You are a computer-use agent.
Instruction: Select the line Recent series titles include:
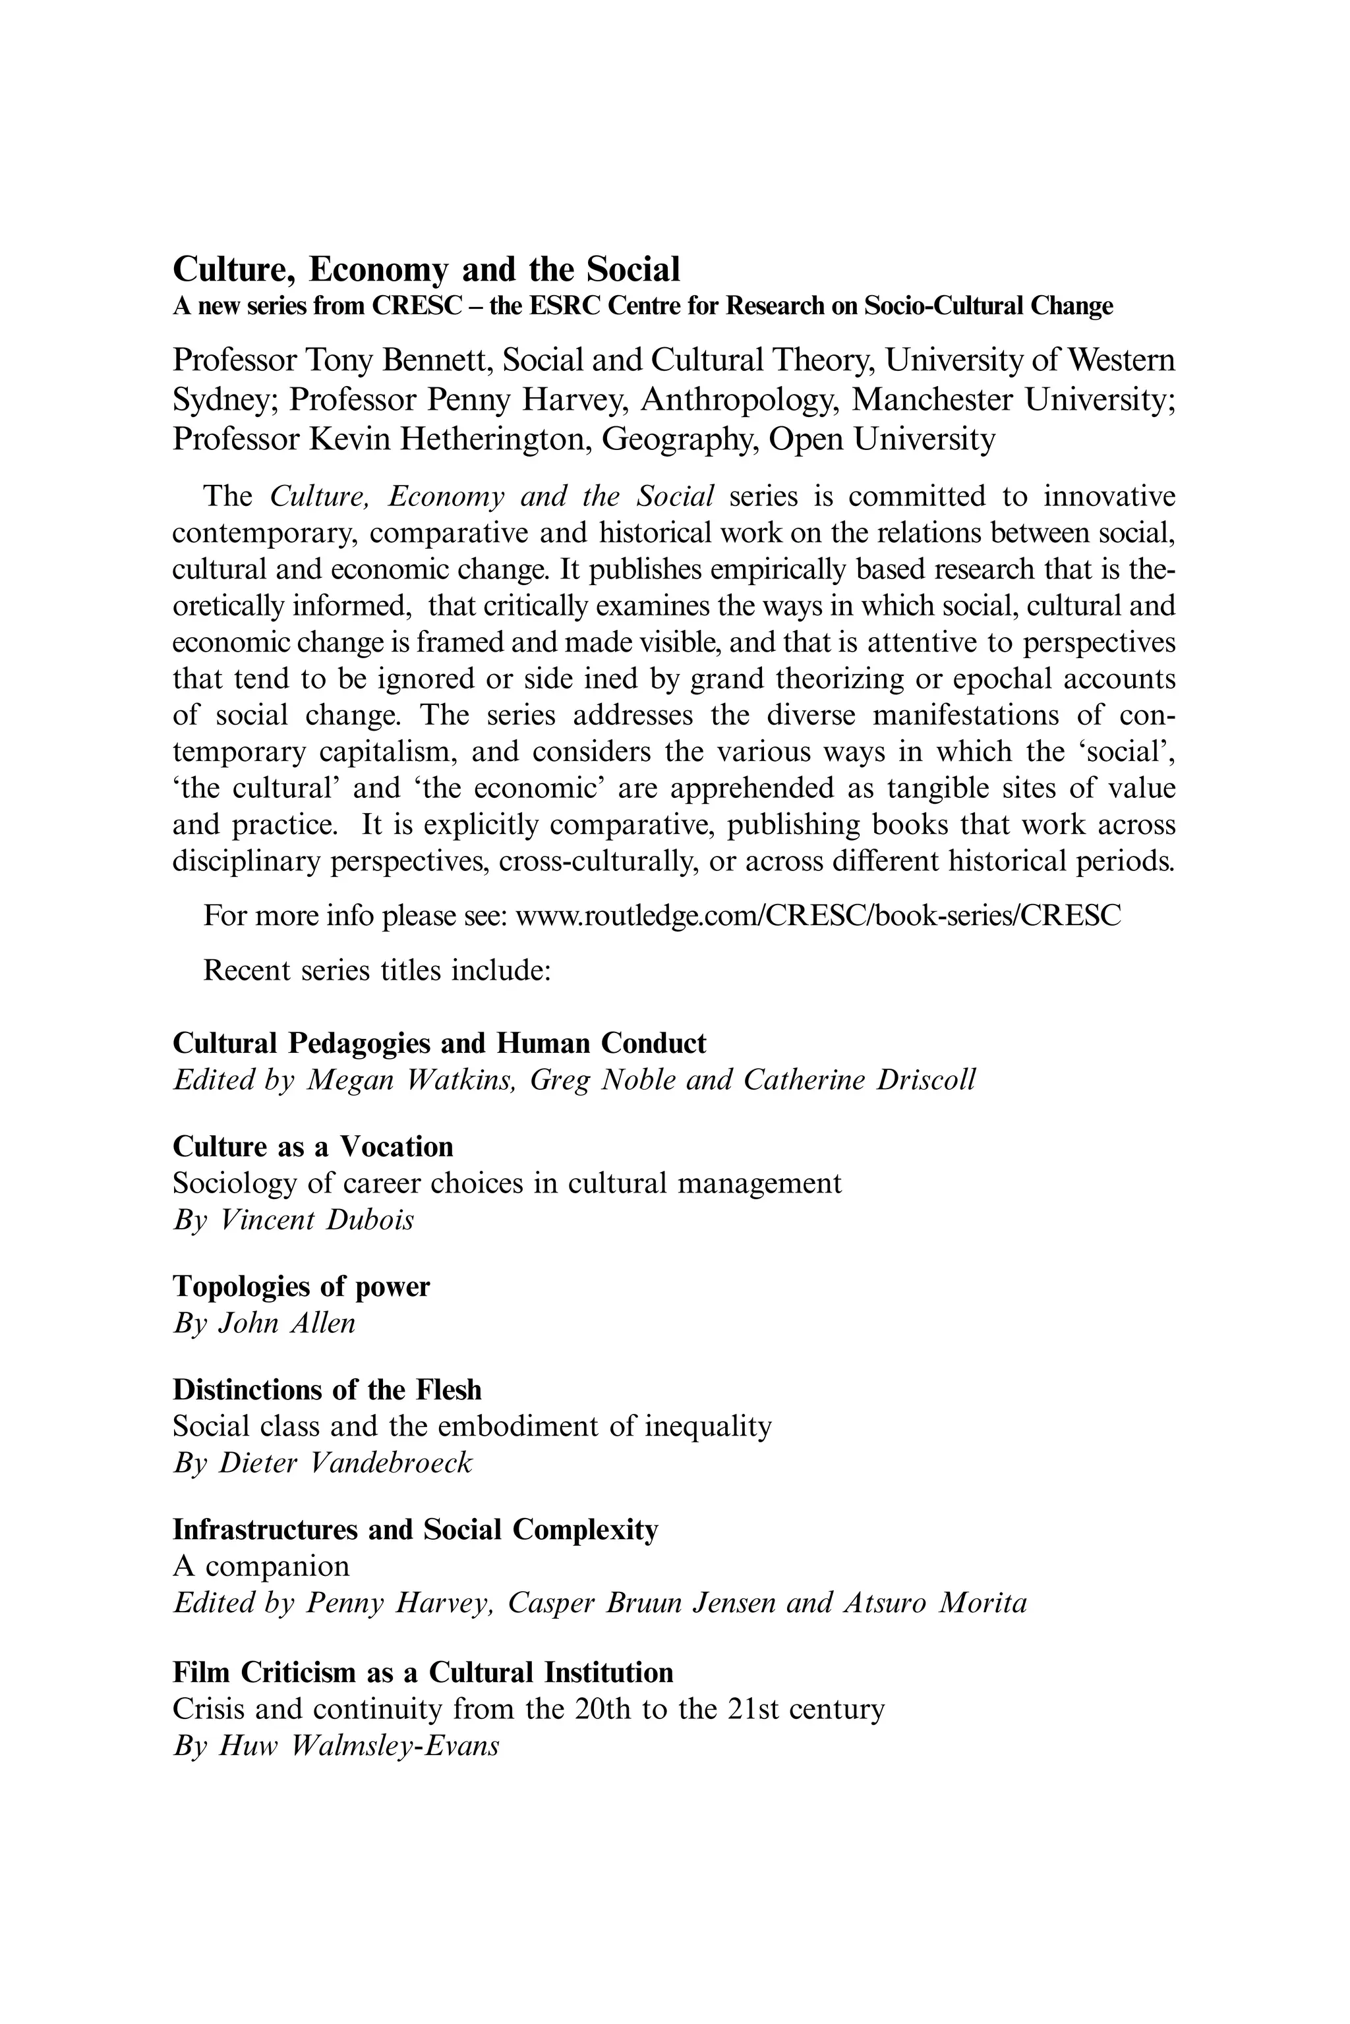pos(376,970)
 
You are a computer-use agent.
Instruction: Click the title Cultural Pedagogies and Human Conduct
pos(439,1044)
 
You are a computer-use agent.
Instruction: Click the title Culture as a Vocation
pos(312,1147)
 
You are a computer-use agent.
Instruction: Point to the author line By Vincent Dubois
pos(293,1220)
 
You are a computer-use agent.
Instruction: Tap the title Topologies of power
pos(301,1287)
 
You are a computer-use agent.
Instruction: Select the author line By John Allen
pos(264,1323)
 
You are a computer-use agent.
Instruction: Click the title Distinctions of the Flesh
pos(327,1390)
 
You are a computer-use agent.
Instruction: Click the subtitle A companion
pos(261,1566)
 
